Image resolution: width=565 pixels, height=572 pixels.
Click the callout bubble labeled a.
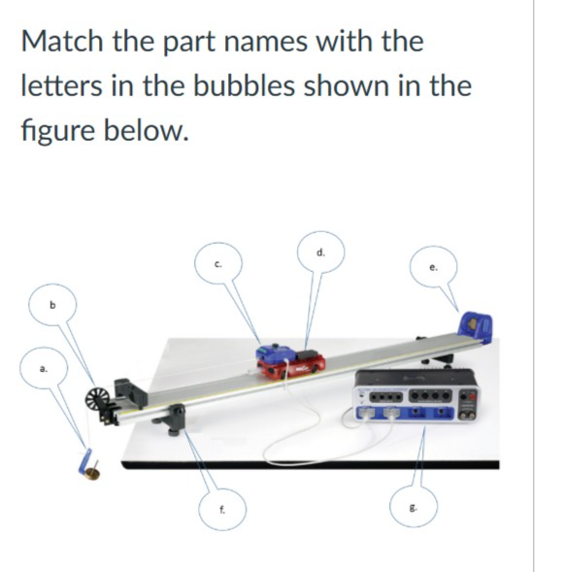click(44, 368)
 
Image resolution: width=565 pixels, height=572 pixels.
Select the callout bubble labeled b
click(52, 305)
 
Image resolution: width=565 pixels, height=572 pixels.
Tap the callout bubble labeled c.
click(218, 264)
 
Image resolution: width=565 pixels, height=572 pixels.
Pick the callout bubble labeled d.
click(320, 252)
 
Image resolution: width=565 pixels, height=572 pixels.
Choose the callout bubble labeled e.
click(433, 267)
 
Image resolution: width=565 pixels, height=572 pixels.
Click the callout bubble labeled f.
click(222, 509)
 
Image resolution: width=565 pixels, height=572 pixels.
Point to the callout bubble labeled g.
click(414, 506)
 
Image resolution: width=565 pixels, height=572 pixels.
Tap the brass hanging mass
click(92, 474)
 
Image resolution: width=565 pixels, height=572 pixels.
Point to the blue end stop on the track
click(476, 327)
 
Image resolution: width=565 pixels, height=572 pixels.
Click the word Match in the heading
click(62, 41)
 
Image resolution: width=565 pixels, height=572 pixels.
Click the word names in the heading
click(265, 42)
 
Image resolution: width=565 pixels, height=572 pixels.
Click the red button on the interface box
click(472, 396)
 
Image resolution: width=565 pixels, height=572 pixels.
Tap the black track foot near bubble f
click(171, 419)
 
